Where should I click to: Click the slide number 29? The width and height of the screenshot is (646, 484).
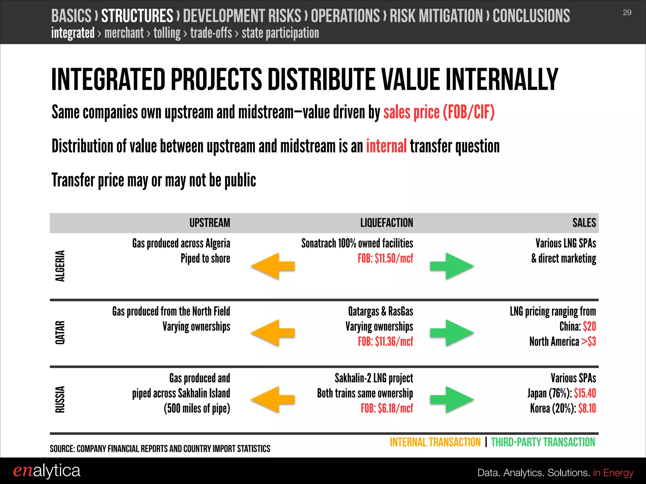pyautogui.click(x=627, y=13)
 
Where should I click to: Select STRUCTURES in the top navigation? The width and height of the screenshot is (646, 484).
pyautogui.click(x=137, y=16)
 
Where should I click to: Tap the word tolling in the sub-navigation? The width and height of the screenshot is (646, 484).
pyautogui.click(x=167, y=33)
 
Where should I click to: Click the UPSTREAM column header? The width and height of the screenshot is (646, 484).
pyautogui.click(x=210, y=223)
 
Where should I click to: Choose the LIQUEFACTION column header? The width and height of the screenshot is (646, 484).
pyautogui.click(x=386, y=223)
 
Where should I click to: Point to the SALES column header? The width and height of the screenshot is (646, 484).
pyautogui.click(x=584, y=223)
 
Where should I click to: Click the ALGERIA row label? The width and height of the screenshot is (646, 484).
pyautogui.click(x=60, y=266)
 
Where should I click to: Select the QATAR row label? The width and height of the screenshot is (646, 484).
pyautogui.click(x=60, y=333)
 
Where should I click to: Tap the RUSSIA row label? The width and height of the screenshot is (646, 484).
pyautogui.click(x=60, y=400)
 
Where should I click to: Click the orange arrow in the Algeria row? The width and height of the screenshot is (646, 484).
pyautogui.click(x=273, y=266)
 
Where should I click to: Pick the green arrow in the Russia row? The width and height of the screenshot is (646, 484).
pyautogui.click(x=452, y=400)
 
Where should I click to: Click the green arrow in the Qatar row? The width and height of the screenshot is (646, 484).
pyautogui.click(x=452, y=333)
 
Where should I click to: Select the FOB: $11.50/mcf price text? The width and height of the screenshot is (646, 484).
pyautogui.click(x=385, y=259)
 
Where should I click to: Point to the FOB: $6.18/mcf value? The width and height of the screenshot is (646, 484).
pyautogui.click(x=387, y=409)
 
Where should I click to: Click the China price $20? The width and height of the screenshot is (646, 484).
pyautogui.click(x=589, y=326)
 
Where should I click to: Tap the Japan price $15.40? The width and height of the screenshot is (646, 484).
pyautogui.click(x=585, y=393)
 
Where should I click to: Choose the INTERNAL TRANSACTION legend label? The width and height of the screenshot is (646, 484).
pyautogui.click(x=435, y=442)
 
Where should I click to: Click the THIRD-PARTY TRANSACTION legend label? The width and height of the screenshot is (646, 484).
pyautogui.click(x=543, y=442)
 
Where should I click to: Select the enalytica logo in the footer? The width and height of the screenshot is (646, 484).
pyautogui.click(x=47, y=471)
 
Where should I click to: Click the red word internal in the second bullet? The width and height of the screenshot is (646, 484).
pyautogui.click(x=386, y=147)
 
